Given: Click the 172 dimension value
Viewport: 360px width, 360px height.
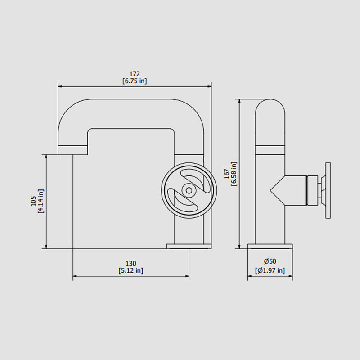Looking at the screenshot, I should (135, 74).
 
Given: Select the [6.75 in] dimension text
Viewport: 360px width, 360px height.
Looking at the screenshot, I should (135, 81).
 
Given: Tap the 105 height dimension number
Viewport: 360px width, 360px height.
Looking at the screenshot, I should (34, 201).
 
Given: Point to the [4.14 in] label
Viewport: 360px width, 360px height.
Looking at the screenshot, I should (41, 201).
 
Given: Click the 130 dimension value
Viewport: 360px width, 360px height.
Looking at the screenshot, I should (131, 263).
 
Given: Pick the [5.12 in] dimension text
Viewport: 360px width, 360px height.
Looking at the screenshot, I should (131, 270).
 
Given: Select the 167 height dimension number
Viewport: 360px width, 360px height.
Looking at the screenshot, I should (226, 174).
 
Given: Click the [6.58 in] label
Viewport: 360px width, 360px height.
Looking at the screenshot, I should (234, 174).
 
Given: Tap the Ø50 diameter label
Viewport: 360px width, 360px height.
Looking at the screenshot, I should (270, 261).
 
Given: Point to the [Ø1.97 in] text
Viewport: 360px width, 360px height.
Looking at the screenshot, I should (270, 270).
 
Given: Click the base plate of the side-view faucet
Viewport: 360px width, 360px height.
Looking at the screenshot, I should (270, 246).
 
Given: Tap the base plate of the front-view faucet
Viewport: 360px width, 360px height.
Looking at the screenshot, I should (189, 246).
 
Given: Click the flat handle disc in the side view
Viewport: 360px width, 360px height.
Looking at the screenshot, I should (328, 190).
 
